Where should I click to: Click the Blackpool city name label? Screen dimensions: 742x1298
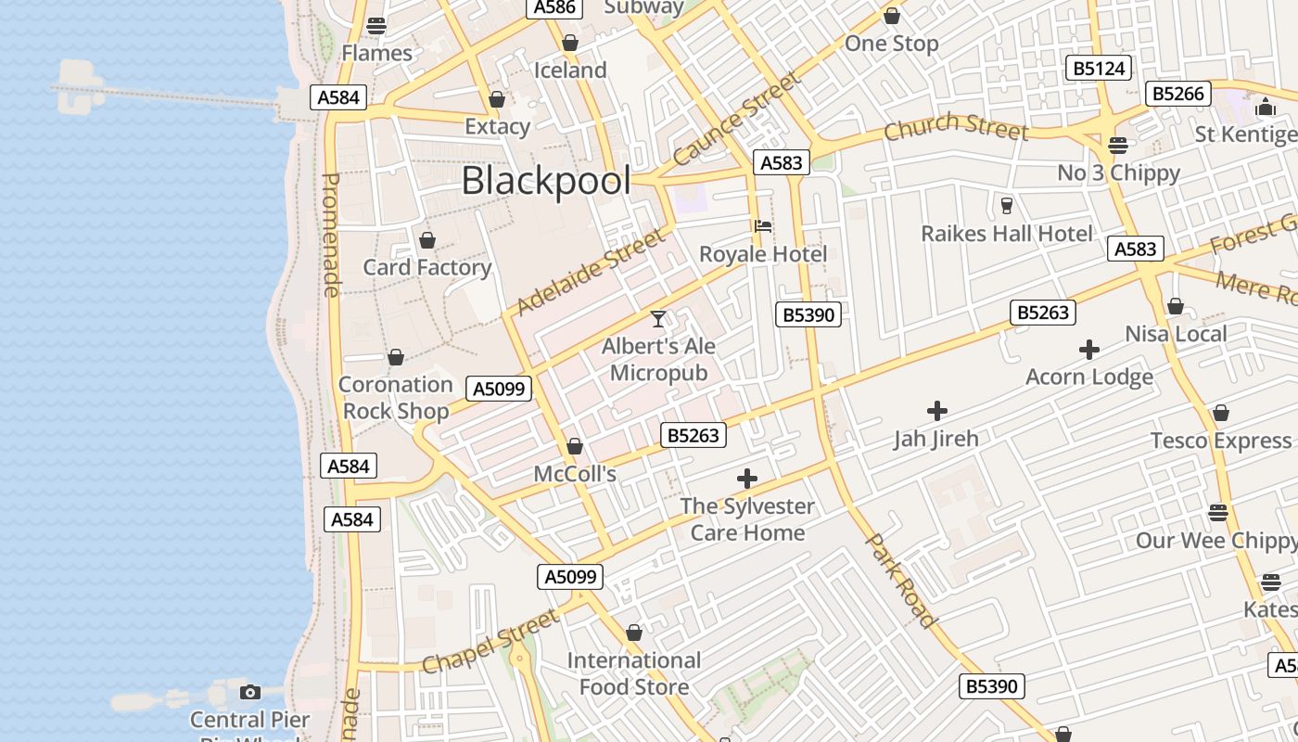pos(546,181)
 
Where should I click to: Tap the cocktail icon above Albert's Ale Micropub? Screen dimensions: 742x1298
pos(658,319)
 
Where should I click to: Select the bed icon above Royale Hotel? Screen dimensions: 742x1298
pos(763,225)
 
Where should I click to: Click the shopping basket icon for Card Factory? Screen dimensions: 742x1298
pos(427,241)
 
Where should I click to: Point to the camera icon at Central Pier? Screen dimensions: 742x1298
pos(249,692)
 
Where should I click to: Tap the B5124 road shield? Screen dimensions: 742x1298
pos(1099,68)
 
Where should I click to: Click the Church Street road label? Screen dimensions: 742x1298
pos(955,126)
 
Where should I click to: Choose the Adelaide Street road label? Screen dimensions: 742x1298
pos(591,273)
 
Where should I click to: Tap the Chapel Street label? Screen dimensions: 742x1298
pos(490,640)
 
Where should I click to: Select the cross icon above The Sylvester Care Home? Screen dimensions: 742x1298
pos(747,479)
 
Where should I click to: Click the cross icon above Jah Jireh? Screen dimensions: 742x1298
pos(937,410)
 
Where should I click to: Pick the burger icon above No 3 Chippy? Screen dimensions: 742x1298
pos(1118,146)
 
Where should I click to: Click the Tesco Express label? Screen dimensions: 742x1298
pos(1220,441)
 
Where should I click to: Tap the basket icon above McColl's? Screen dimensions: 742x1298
pos(575,447)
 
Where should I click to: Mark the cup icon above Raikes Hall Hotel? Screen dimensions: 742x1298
pos(1007,205)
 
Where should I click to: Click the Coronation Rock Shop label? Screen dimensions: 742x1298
pos(396,397)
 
